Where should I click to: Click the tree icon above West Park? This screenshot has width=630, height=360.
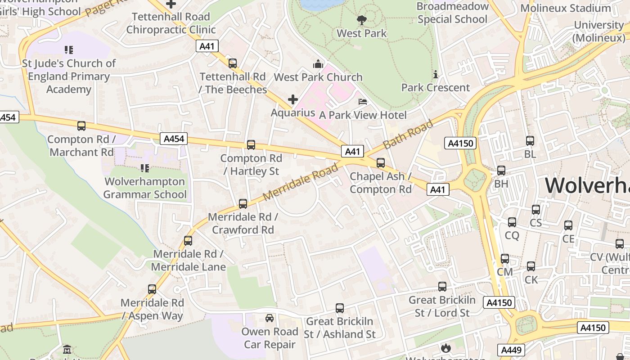[x=361, y=20]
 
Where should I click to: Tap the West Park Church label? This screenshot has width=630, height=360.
[x=318, y=77]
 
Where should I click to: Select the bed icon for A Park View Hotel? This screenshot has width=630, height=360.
[x=363, y=102]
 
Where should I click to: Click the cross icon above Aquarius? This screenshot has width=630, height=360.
[x=293, y=99]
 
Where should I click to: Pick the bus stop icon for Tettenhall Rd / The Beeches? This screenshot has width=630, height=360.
[x=233, y=63]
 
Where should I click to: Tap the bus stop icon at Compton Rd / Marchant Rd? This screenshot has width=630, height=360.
[x=81, y=126]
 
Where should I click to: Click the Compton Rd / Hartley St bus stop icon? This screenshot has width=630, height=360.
[x=251, y=145]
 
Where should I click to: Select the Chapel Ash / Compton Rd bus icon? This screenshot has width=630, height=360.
[x=381, y=163]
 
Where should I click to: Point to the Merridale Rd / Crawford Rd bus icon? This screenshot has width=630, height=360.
[x=243, y=204]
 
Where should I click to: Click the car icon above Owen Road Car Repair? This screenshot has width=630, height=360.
[x=270, y=318]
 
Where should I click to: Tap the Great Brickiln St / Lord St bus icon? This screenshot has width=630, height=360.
[x=442, y=287]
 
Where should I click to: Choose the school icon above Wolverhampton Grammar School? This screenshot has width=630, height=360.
[x=144, y=168]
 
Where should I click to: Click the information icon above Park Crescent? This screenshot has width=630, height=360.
[x=435, y=74]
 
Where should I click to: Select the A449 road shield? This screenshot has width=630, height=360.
[x=511, y=350]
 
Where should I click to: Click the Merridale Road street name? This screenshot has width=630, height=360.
[x=301, y=182]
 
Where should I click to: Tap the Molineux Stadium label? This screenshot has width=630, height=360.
[x=565, y=8]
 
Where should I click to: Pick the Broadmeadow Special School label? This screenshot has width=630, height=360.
[x=452, y=13]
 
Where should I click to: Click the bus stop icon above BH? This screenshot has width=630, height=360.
[x=501, y=171]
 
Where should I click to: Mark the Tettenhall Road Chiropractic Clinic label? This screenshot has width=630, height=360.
[x=171, y=23]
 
